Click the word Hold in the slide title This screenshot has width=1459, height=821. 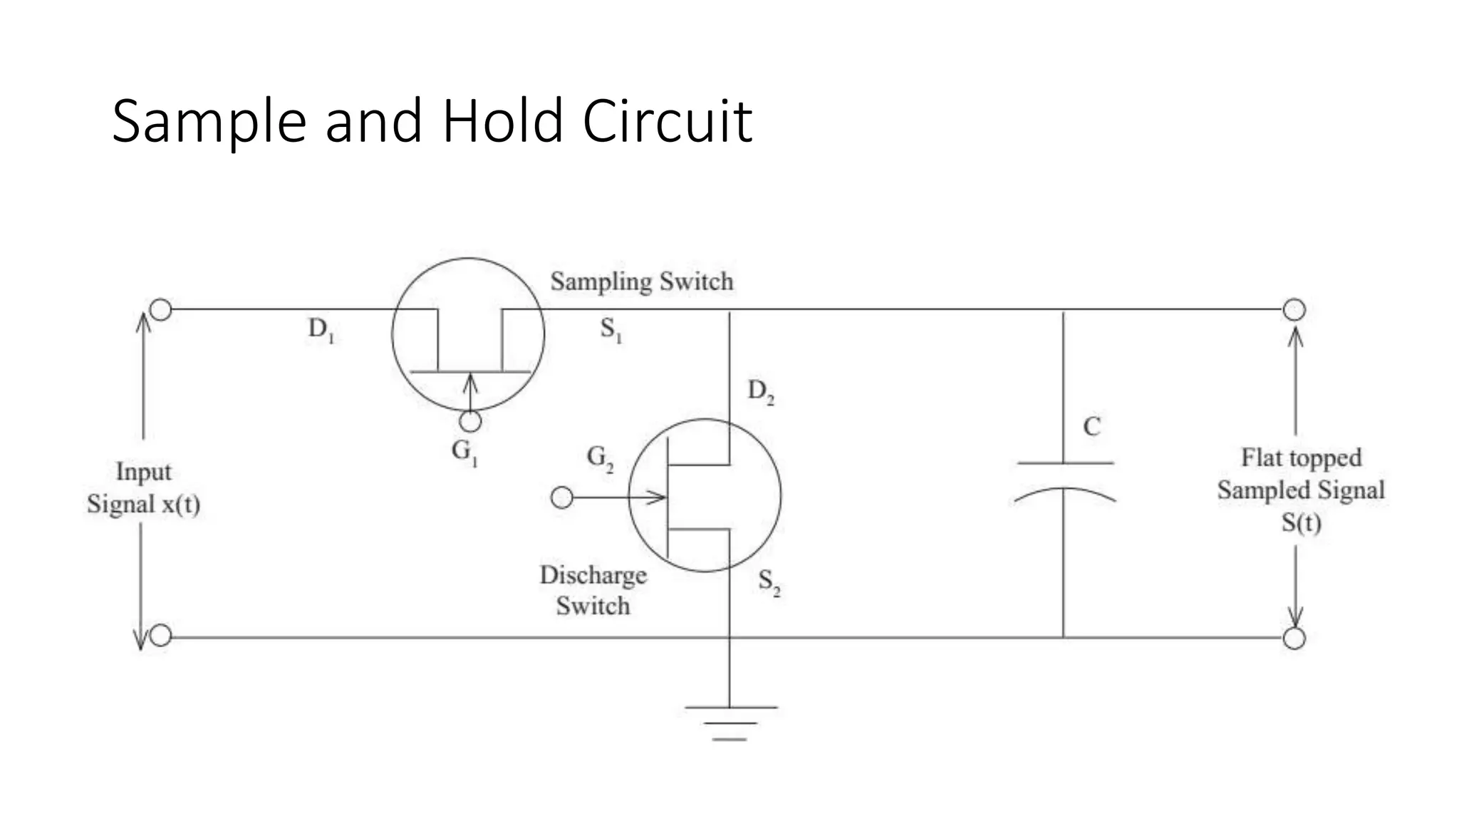503,121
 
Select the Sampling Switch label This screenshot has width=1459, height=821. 641,282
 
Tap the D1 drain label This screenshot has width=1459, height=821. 321,329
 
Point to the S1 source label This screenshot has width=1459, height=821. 611,329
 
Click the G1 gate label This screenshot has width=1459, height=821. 464,452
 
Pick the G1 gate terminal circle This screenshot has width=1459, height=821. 470,422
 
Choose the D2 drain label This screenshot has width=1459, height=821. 760,391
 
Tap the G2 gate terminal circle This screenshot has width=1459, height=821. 562,497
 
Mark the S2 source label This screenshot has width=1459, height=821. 769,582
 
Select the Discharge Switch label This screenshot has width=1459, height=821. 593,590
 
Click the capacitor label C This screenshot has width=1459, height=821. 1091,427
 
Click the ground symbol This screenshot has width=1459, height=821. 730,723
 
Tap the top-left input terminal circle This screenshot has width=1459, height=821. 161,310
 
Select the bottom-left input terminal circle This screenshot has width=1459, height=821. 161,636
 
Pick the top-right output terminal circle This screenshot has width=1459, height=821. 1294,310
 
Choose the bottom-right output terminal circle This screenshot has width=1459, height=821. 1294,639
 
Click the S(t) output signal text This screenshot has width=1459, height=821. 1301,523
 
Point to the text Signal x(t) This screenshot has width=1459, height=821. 143,505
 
